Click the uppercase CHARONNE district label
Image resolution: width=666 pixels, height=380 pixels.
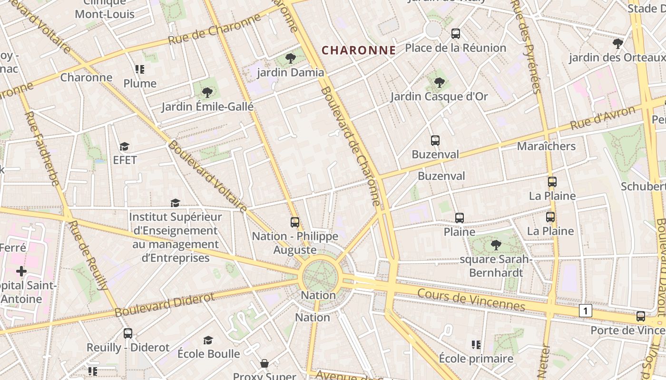[359, 50]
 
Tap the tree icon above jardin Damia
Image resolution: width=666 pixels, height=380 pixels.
[290, 58]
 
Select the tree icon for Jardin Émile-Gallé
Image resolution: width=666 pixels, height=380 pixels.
[207, 93]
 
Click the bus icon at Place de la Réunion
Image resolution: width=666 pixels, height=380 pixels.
[456, 34]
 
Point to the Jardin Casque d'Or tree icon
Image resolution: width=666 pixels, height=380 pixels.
[439, 83]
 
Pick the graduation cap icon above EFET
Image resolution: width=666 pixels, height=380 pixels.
[125, 146]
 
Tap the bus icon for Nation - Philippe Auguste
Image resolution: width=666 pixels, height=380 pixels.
[295, 222]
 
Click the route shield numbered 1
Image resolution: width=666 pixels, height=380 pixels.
[586, 311]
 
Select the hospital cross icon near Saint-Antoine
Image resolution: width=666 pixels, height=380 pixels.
[21, 271]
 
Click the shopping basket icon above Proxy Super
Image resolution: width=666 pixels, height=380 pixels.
[264, 363]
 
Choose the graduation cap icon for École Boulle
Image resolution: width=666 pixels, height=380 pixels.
[208, 340]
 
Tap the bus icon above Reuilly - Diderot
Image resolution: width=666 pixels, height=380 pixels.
[128, 333]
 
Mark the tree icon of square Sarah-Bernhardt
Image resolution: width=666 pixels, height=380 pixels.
[496, 245]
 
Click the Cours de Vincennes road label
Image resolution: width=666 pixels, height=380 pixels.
[471, 300]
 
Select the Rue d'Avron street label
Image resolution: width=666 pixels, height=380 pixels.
[602, 118]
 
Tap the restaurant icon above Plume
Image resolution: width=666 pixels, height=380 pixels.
[139, 70]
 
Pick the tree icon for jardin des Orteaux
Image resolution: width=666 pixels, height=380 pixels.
[618, 44]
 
